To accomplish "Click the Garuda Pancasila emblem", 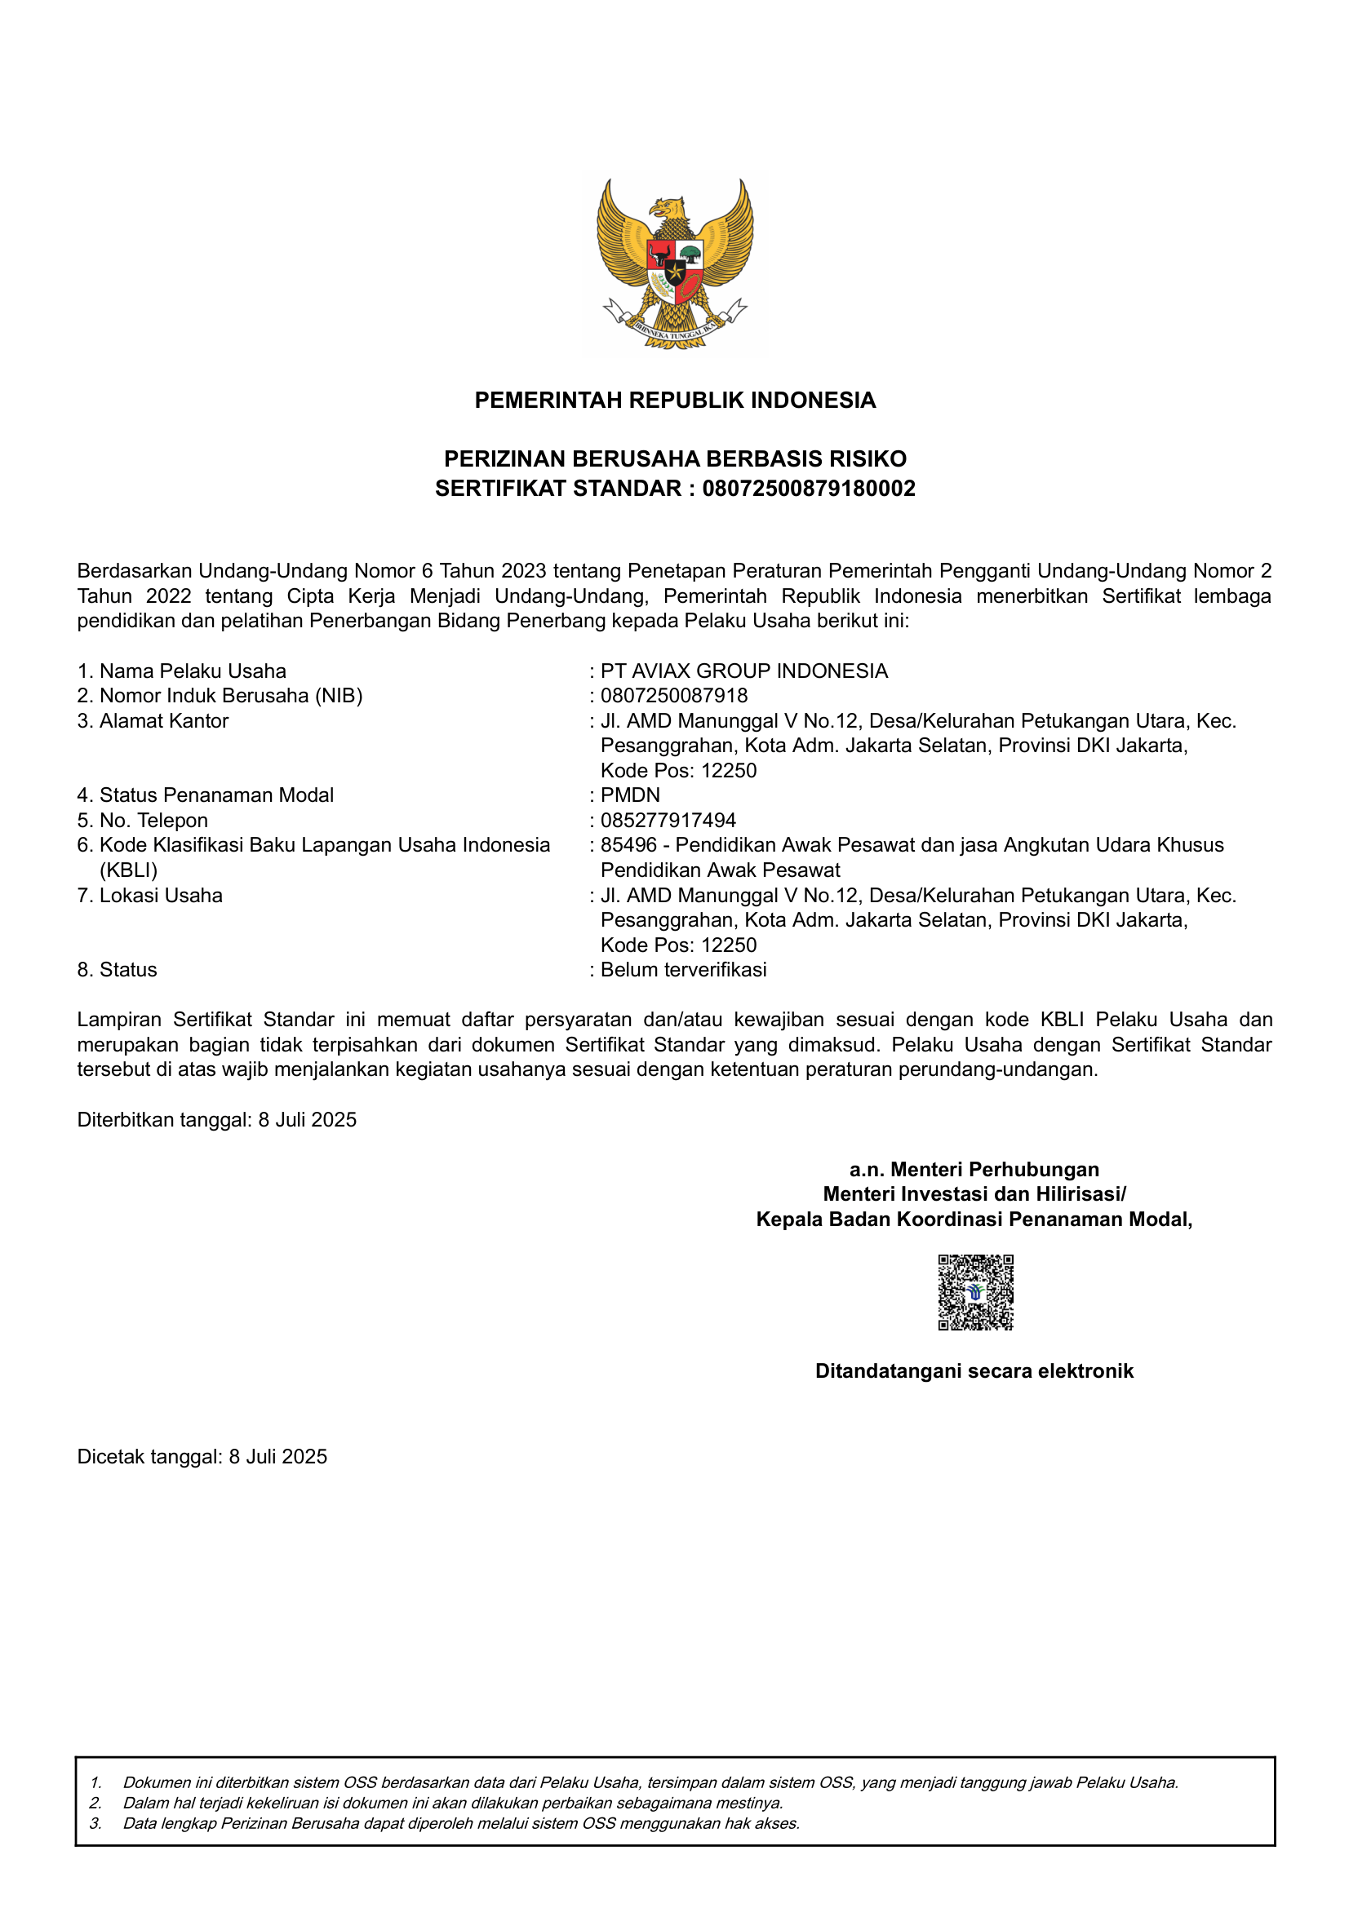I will pos(675,264).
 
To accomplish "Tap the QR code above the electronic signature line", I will pos(975,1291).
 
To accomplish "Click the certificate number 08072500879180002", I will pos(808,489).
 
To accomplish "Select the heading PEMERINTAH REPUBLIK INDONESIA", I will pos(675,401).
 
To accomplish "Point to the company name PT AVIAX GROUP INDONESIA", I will pos(744,671).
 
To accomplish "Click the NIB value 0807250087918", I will pos(674,696).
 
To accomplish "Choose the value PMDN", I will pos(630,795).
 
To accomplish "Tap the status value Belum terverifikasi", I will pos(683,970).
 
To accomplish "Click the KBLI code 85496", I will pos(628,845).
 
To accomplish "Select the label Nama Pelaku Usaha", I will pos(192,671).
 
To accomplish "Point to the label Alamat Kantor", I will pos(164,720).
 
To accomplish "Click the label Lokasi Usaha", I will pos(161,896).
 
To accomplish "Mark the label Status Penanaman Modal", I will pos(216,795).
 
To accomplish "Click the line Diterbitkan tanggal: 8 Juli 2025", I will pos(217,1119).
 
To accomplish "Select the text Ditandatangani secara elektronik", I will pos(974,1371).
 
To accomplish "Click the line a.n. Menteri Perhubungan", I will pos(974,1169).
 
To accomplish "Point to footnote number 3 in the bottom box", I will pos(96,1823).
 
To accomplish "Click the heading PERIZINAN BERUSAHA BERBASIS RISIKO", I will pos(675,458).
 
